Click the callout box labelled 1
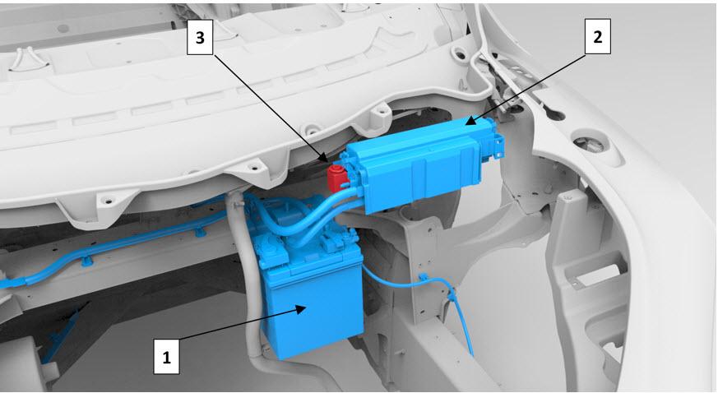pos(166,355)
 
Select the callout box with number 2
pos(598,37)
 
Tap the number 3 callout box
pos(200,38)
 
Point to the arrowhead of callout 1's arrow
pos(301,310)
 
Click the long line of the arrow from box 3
pos(270,109)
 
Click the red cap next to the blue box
pos(336,177)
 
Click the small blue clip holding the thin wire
pos(423,277)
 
